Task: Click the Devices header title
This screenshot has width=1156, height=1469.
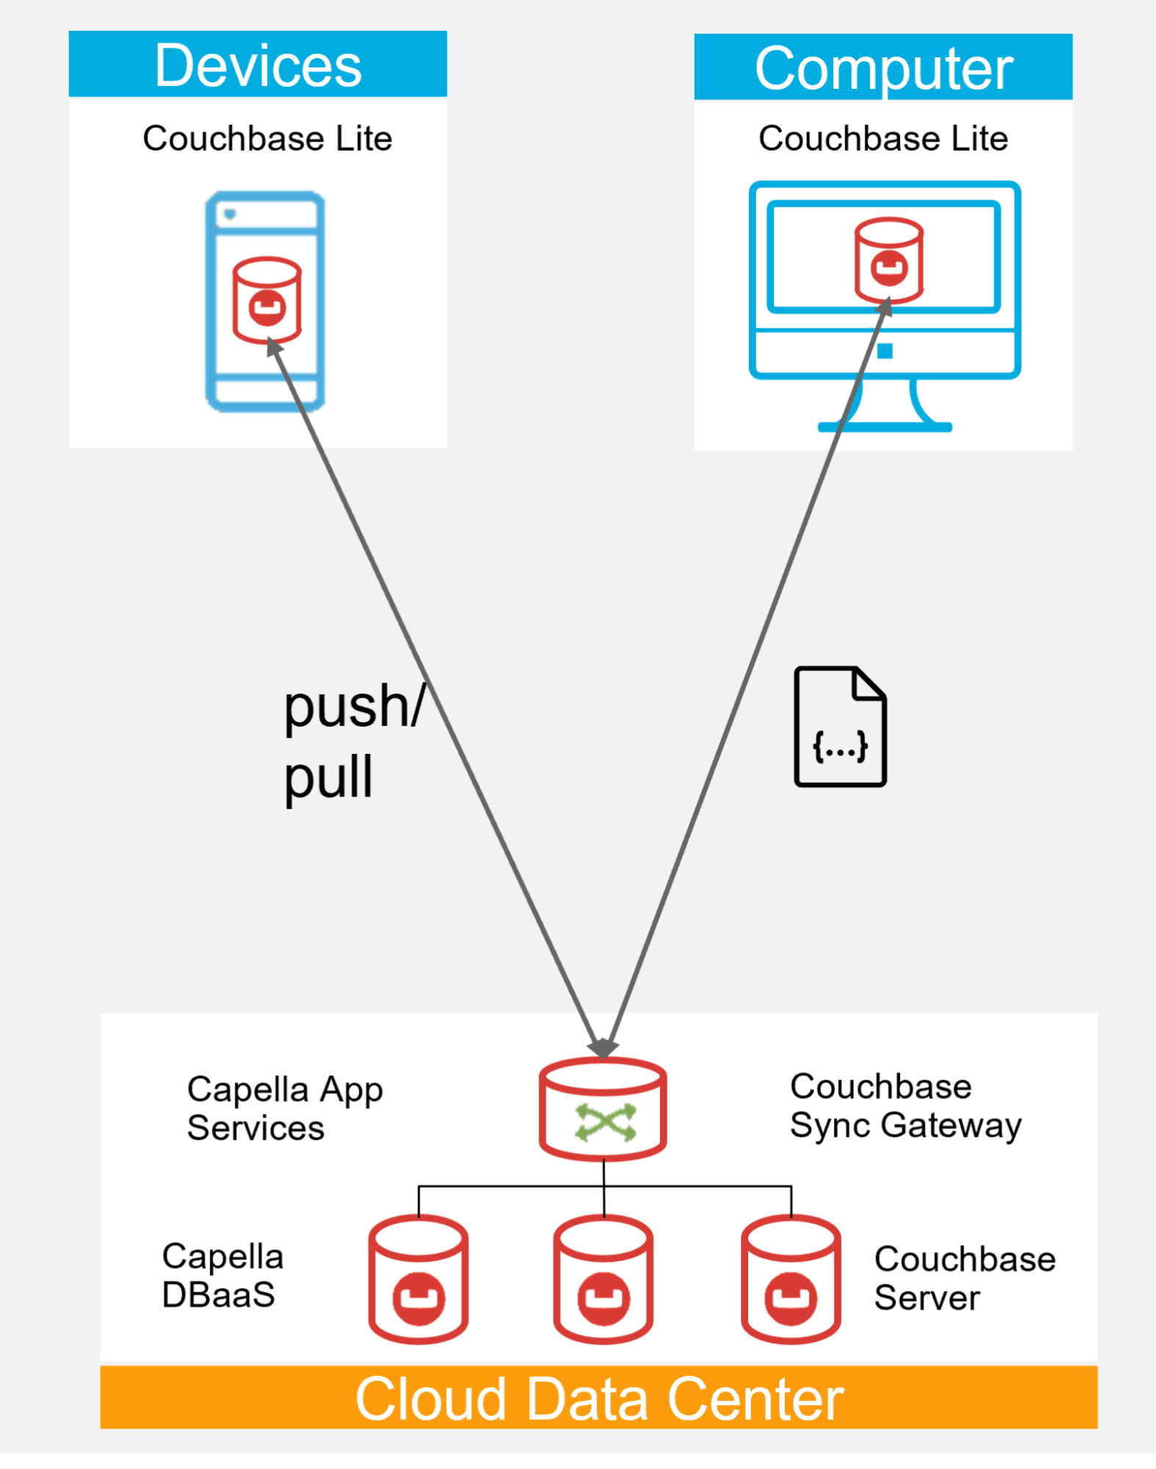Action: click(x=258, y=65)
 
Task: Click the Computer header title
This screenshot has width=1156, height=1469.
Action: click(x=884, y=68)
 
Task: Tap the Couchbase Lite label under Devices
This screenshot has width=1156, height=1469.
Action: click(x=268, y=138)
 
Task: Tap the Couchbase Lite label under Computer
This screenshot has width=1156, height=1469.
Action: click(x=883, y=138)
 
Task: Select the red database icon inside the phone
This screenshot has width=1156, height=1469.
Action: click(x=267, y=300)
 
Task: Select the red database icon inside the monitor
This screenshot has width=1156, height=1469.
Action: click(x=888, y=260)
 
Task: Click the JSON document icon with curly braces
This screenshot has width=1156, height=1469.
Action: click(x=840, y=726)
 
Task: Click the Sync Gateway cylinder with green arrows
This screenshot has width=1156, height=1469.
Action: click(x=603, y=1109)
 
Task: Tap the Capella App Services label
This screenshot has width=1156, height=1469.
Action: click(x=285, y=1108)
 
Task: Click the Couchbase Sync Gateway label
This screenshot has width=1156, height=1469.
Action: click(x=905, y=1106)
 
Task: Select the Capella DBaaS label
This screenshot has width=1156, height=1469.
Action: click(x=223, y=1275)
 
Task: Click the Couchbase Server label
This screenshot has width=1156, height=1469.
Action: click(x=965, y=1278)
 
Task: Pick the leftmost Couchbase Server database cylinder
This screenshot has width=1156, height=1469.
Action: click(x=418, y=1279)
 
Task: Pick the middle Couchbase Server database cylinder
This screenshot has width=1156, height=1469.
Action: click(x=603, y=1279)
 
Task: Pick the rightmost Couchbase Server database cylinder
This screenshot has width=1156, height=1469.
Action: click(x=791, y=1279)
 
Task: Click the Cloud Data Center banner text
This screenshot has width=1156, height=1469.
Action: click(x=599, y=1398)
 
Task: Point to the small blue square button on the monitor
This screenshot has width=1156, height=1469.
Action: click(x=885, y=351)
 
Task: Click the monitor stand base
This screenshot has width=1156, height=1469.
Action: click(x=885, y=427)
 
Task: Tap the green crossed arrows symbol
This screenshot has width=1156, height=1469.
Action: click(x=606, y=1122)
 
